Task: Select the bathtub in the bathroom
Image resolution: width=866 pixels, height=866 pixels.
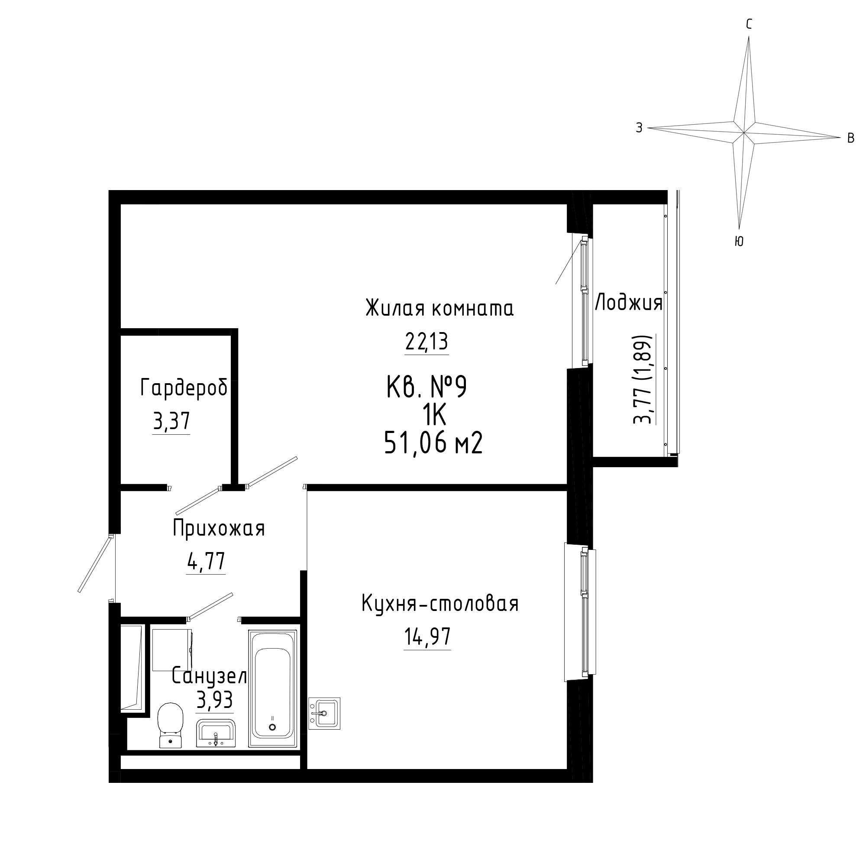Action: tap(272, 689)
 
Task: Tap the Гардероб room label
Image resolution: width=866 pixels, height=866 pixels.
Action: tap(184, 388)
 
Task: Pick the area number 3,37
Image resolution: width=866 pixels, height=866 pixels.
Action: tap(171, 422)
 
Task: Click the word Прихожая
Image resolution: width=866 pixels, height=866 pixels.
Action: tap(219, 528)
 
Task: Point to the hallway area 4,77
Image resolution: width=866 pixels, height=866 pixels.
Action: tap(206, 562)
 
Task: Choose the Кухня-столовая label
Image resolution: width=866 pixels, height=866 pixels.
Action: tap(440, 604)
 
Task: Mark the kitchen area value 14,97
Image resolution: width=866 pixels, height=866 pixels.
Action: tap(427, 637)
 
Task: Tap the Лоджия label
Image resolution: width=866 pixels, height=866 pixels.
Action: tap(629, 304)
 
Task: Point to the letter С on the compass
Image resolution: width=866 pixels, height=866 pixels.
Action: tap(749, 25)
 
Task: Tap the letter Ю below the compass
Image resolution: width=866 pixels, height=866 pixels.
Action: tap(740, 242)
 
